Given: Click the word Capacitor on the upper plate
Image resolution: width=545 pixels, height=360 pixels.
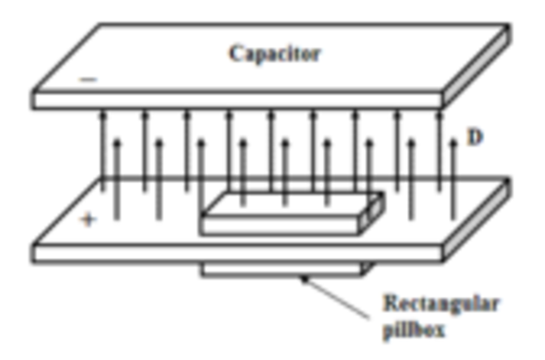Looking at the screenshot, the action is click(x=274, y=54).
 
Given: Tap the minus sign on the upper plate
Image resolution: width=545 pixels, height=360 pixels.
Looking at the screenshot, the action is click(x=89, y=81).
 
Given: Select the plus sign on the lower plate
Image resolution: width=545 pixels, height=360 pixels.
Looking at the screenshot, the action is click(x=87, y=220).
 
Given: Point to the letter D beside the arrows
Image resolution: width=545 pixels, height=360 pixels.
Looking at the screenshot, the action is click(x=475, y=135).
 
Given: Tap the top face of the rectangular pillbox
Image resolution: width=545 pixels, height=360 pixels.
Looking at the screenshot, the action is click(x=290, y=205).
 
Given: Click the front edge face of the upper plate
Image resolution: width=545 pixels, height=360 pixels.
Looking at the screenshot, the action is click(x=238, y=100).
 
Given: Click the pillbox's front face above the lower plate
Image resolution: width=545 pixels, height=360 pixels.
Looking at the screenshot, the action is click(x=281, y=226).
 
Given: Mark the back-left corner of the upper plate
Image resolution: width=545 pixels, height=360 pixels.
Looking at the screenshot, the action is click(x=88, y=26).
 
